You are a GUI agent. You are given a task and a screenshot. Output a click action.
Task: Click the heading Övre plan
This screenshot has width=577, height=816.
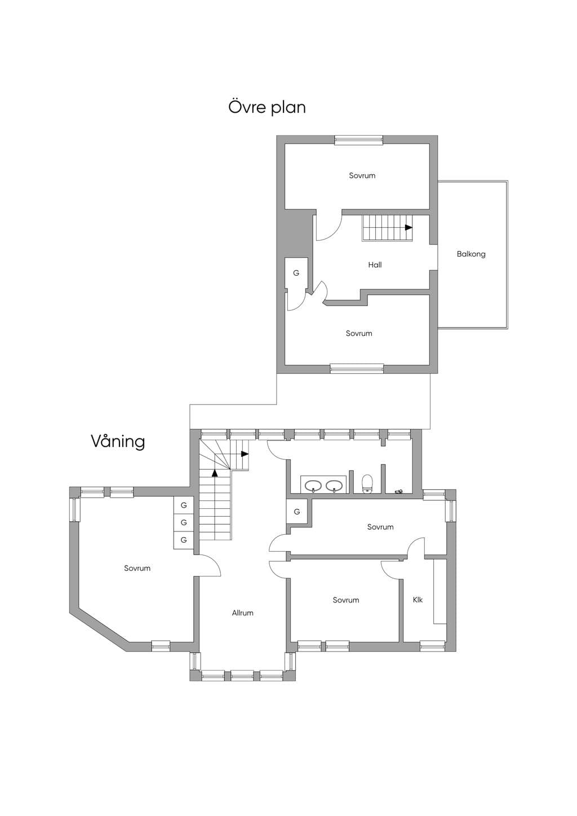(267, 108)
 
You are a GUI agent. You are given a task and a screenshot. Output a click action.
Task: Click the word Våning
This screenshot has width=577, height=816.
(118, 441)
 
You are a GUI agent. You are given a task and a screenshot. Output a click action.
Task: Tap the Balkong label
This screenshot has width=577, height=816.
(471, 254)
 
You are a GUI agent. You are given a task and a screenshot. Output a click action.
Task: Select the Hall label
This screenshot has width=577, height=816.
(375, 265)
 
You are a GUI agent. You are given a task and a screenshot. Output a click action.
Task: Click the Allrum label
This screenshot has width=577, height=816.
(243, 613)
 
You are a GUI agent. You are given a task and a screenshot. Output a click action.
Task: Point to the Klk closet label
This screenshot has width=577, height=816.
(418, 600)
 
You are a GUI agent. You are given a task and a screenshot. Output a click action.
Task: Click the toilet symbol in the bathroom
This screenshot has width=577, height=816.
(367, 484)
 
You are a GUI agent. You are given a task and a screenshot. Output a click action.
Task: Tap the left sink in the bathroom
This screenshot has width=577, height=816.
(313, 486)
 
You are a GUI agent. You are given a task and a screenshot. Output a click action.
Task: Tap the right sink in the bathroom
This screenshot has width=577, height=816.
(334, 486)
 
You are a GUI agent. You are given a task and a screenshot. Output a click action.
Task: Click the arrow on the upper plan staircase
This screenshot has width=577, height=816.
(409, 227)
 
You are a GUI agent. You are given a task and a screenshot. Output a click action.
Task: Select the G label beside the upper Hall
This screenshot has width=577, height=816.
(296, 273)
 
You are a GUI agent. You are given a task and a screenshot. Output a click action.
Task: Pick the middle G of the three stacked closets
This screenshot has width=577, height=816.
(184, 522)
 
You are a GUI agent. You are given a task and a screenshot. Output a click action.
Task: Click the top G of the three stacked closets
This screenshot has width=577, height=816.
(184, 505)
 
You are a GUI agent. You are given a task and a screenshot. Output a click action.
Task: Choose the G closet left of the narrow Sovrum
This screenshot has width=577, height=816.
(297, 512)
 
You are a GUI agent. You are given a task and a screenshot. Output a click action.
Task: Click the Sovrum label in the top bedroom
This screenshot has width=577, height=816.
(362, 176)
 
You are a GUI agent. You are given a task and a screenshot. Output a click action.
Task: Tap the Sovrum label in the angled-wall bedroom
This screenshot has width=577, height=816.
(137, 568)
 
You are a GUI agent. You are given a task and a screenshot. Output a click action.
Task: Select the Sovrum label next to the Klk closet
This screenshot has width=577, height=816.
(345, 600)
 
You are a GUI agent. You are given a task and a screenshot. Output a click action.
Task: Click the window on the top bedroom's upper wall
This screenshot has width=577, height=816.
(359, 140)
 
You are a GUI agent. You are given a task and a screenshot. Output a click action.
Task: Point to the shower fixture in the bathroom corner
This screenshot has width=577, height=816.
(400, 491)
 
